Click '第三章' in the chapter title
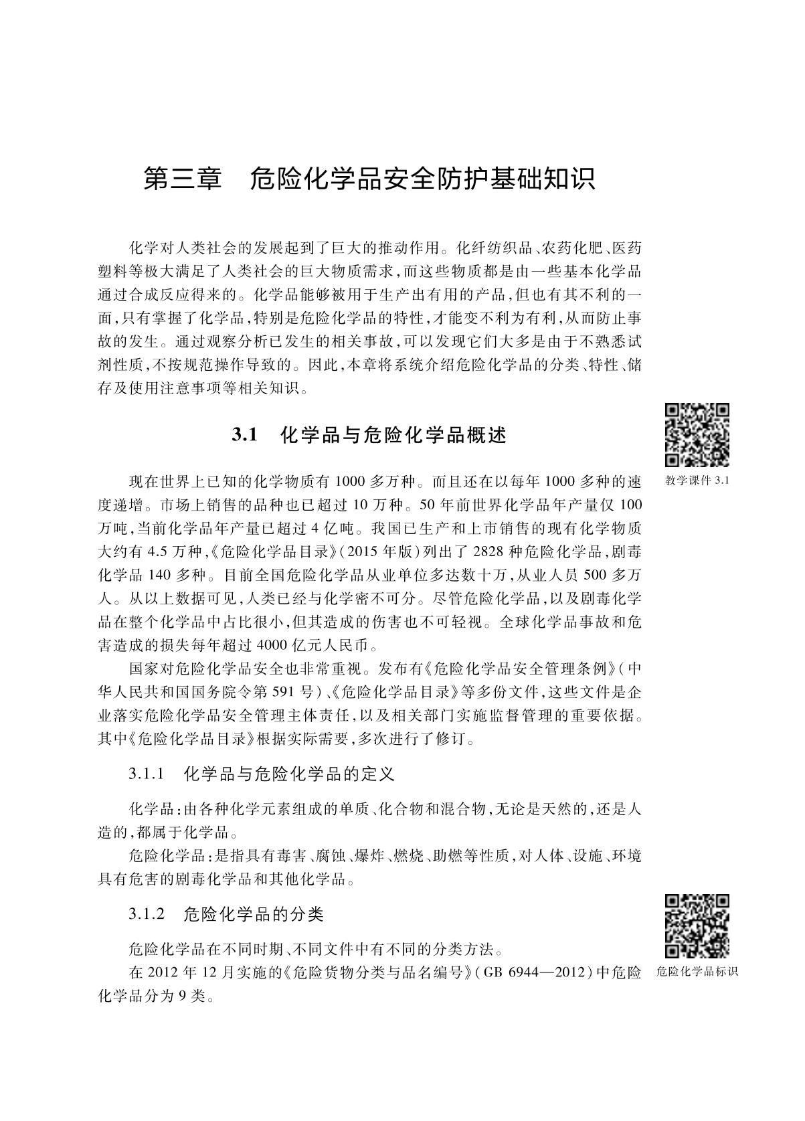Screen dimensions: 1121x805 tap(182, 179)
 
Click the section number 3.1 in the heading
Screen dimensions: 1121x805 tap(245, 435)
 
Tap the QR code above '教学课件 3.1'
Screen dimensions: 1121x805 tap(697, 435)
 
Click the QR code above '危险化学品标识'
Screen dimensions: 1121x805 tap(697, 926)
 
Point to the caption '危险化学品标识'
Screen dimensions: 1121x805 tap(697, 972)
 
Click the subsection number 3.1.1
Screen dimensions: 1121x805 tap(147, 774)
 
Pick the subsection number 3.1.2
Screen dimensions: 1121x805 tap(147, 913)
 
